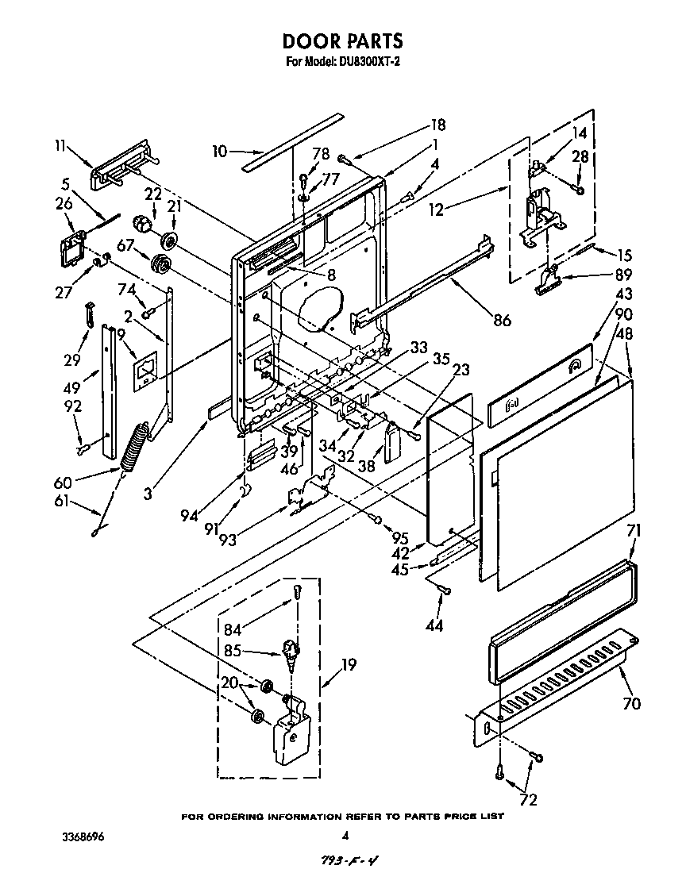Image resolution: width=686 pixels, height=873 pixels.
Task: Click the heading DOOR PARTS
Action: (343, 40)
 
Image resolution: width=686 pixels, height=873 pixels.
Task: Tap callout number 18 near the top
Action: (437, 125)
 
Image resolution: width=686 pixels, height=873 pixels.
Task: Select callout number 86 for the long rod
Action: (502, 321)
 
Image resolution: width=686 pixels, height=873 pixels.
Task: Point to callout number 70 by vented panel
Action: (632, 703)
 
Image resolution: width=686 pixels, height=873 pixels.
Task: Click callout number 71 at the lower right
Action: (634, 530)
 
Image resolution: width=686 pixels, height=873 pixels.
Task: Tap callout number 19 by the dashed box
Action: (349, 665)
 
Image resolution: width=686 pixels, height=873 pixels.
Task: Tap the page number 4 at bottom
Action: (345, 836)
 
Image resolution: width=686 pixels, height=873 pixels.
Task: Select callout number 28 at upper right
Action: (580, 157)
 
